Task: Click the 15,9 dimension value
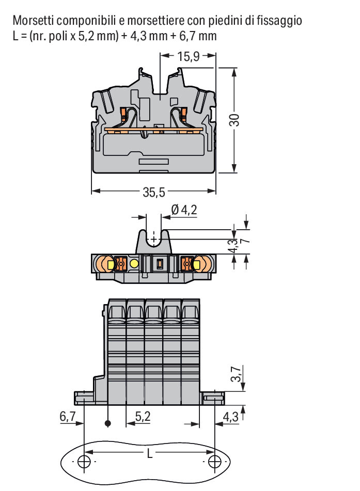point(189,56)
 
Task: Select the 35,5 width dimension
point(153,192)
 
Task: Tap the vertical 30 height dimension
point(234,120)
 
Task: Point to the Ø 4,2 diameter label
point(184,210)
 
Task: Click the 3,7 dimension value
point(236,374)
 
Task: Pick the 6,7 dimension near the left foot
point(68,417)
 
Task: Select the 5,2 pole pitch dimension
point(143,417)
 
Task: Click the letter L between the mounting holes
point(150,453)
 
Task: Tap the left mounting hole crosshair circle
point(84,462)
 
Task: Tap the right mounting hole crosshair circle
point(215,462)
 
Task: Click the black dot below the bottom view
point(108,424)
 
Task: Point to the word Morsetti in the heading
point(33,21)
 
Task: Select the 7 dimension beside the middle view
point(246,241)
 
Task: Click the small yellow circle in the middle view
point(134,264)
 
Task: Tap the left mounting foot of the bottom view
point(84,398)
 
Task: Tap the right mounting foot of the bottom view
point(212,398)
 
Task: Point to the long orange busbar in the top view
point(154,129)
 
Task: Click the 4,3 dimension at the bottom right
point(230,417)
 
